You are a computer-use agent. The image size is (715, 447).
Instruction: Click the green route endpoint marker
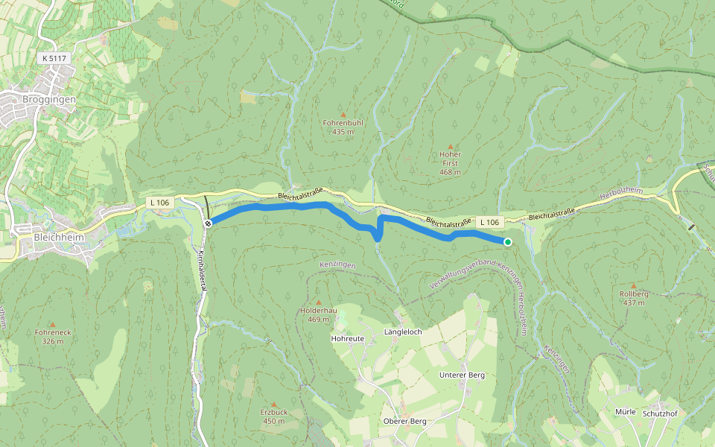point(507,242)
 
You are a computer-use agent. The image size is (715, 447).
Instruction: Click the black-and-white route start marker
point(209,223)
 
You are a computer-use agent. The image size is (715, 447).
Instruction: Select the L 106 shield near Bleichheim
point(159,202)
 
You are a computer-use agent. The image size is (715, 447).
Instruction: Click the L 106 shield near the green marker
point(489,222)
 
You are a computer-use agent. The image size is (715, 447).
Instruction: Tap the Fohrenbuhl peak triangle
point(343,114)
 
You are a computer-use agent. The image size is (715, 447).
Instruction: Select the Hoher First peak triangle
point(450,146)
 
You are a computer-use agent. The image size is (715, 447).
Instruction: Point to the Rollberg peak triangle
point(634,285)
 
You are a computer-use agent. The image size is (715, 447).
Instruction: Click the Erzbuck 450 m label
point(274,416)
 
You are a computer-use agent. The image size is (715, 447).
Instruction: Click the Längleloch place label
point(403,332)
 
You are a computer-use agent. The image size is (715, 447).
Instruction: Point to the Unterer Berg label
point(462,375)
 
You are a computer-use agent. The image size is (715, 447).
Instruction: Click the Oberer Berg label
point(404,421)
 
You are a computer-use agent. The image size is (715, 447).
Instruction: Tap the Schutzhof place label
point(660,413)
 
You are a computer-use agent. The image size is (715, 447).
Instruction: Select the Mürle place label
point(626,411)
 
